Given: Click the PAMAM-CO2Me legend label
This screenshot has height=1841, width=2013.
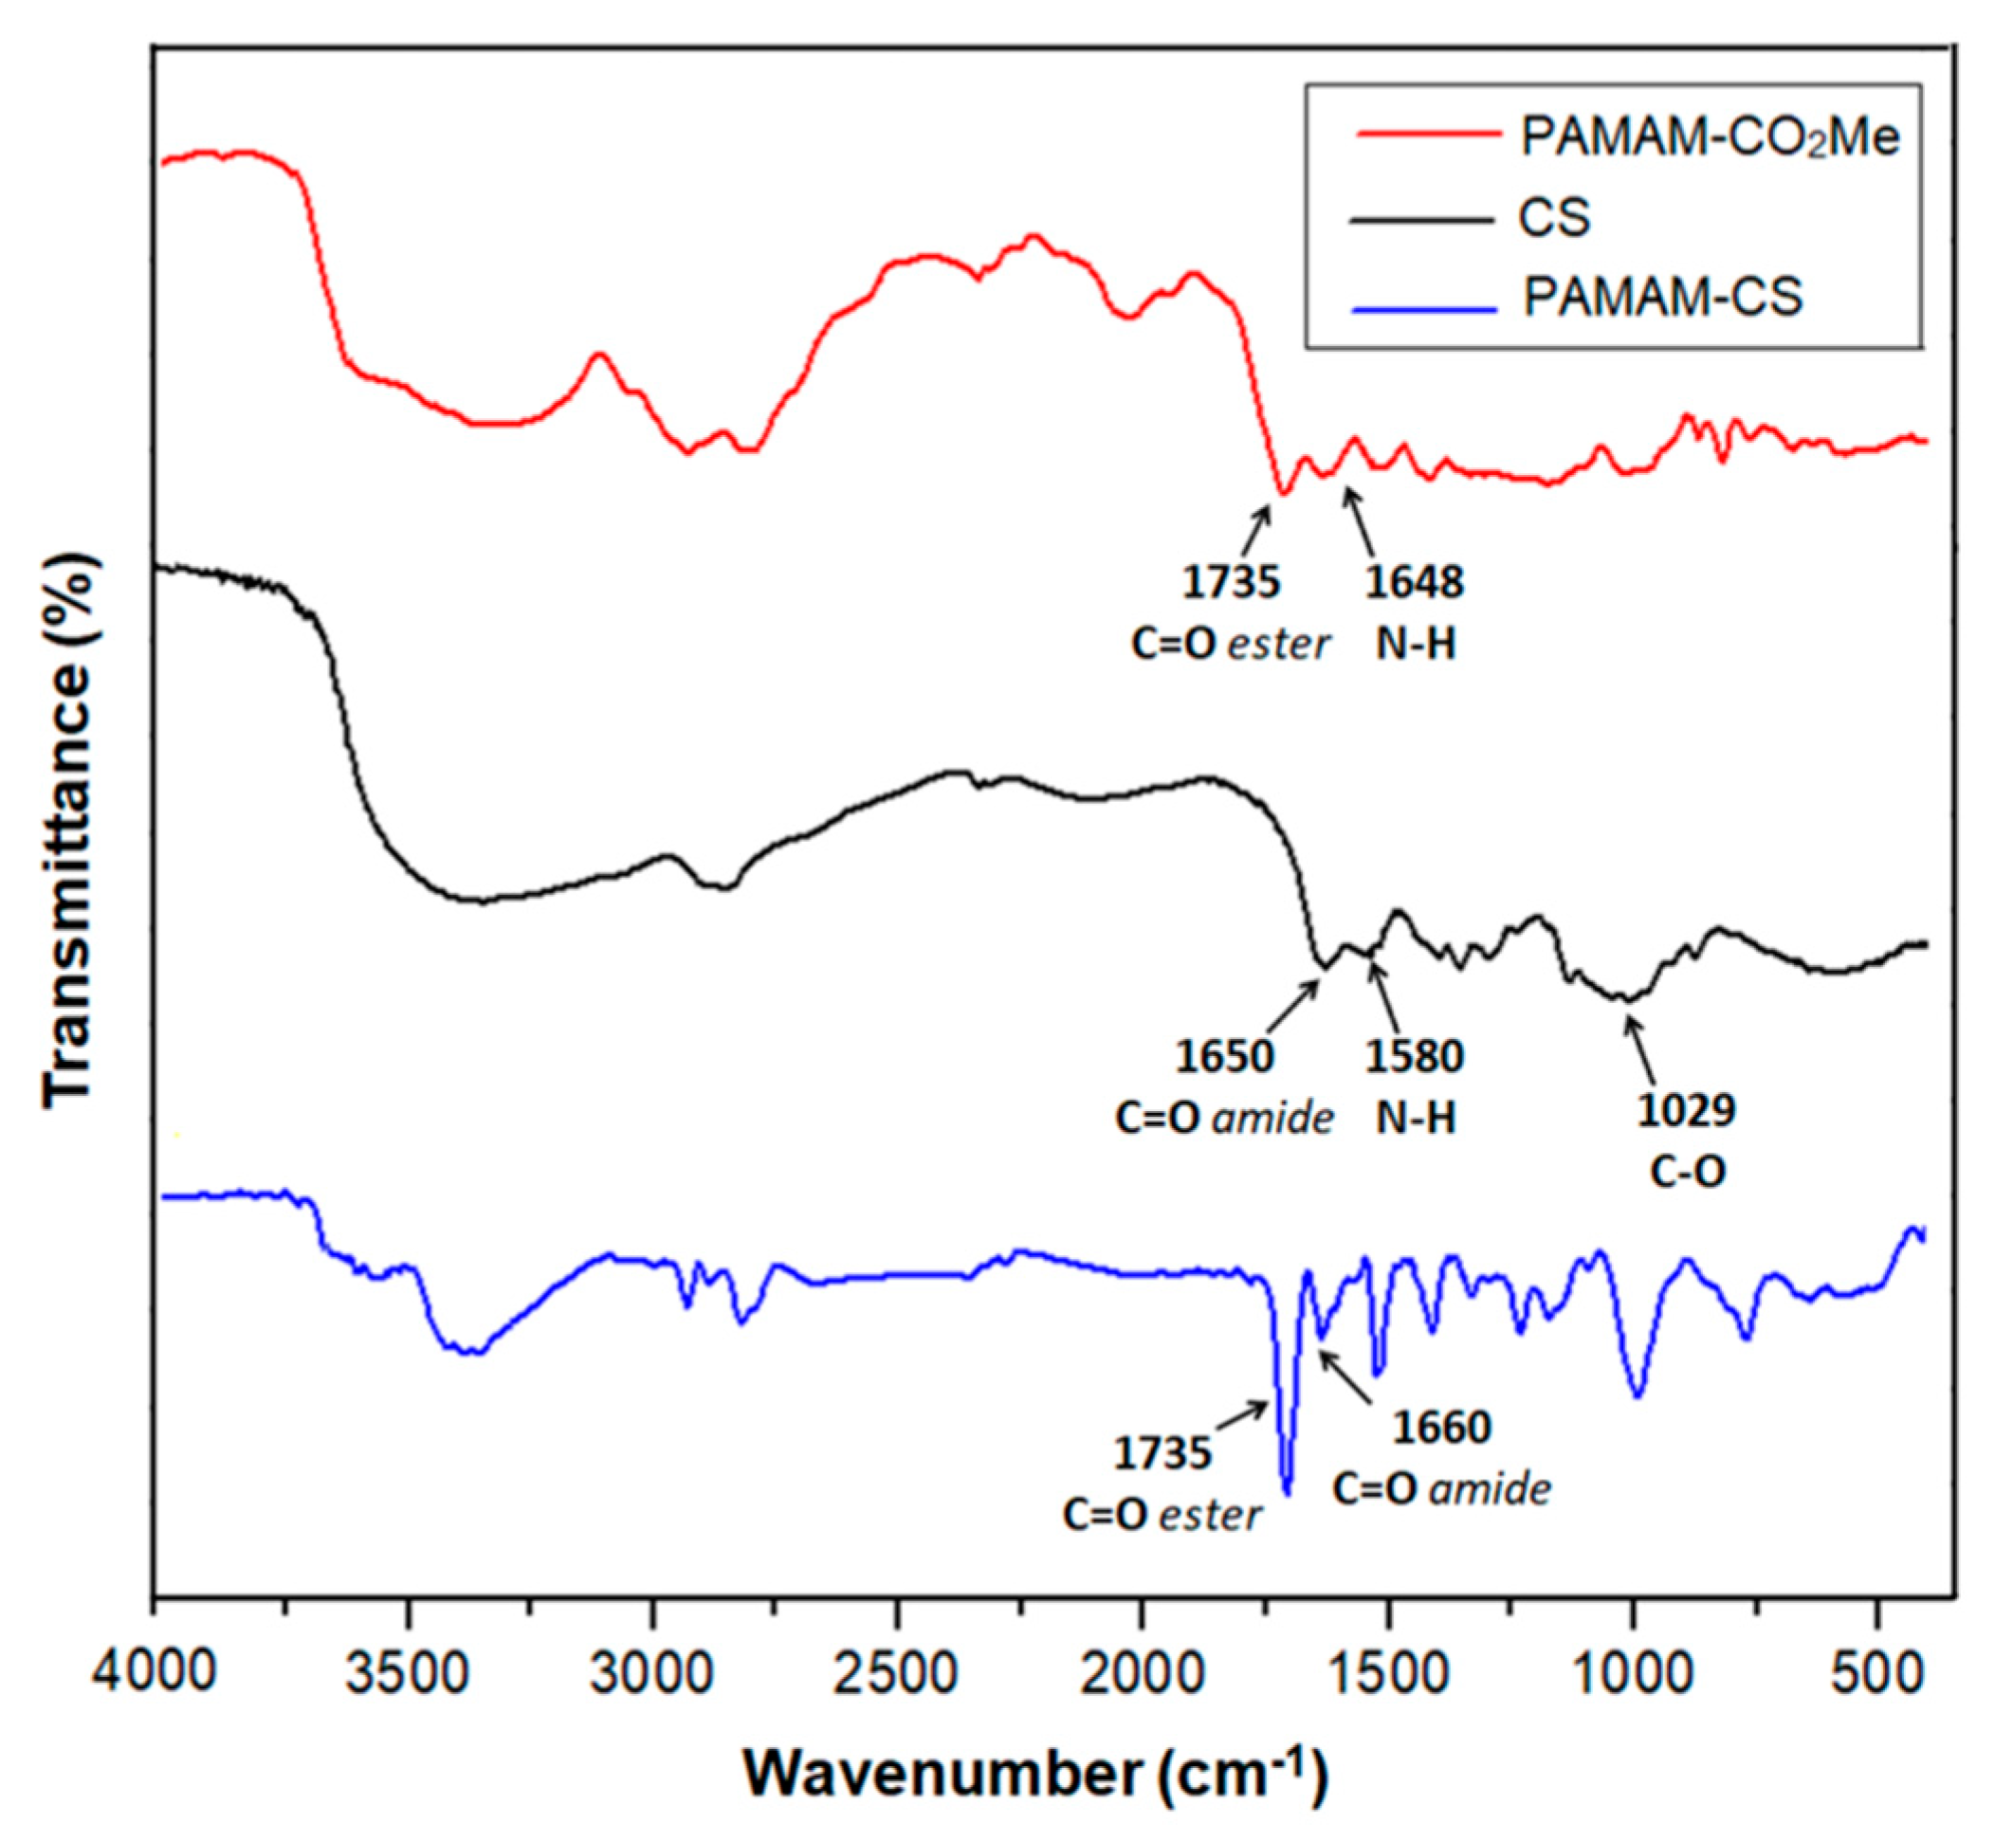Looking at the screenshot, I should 1709,137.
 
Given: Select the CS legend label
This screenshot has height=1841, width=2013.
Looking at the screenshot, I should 1554,218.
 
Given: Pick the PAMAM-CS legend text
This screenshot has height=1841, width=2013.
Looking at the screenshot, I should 1661,297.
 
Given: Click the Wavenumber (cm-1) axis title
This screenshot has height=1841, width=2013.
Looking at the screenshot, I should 1035,1774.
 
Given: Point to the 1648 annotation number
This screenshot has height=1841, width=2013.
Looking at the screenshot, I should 1414,582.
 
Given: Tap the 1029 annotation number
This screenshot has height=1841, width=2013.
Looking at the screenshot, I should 1686,1110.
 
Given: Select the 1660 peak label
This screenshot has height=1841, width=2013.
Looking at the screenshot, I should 1441,1429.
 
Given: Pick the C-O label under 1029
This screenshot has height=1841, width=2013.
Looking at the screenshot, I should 1687,1172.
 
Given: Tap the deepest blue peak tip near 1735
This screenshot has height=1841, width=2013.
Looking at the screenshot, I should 1287,1494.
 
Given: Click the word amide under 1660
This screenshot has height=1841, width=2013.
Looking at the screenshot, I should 1490,1489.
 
